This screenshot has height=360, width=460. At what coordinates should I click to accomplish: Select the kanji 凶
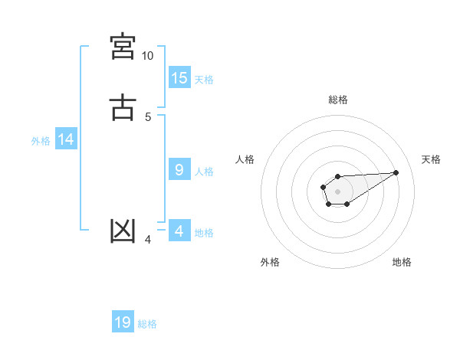point(123,231)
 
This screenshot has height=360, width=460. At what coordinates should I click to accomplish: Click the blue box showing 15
point(179,77)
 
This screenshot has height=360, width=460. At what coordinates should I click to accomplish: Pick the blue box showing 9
point(179,170)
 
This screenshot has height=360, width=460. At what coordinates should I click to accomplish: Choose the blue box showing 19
point(123,322)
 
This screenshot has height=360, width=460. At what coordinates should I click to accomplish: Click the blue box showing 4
point(179,231)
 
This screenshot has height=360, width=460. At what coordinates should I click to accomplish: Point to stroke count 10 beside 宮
point(147,56)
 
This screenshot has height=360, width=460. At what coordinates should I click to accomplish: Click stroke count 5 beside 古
point(148,116)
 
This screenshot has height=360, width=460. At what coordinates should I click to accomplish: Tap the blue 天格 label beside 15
point(204,79)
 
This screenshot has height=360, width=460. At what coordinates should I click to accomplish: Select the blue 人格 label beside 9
point(204,172)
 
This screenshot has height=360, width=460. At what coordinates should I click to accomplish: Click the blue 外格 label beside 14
point(41,141)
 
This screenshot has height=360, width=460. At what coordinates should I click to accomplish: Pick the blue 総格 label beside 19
point(147,324)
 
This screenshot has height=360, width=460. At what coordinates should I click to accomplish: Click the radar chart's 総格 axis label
point(337,100)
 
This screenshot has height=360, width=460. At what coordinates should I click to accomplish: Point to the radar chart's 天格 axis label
point(431,159)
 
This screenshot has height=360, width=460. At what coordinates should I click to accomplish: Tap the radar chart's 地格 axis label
point(402,262)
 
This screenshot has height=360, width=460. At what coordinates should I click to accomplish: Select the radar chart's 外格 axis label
point(270,262)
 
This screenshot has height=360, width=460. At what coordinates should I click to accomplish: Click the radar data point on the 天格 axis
point(396,172)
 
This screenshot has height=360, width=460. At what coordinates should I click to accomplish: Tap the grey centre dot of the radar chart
point(337,191)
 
